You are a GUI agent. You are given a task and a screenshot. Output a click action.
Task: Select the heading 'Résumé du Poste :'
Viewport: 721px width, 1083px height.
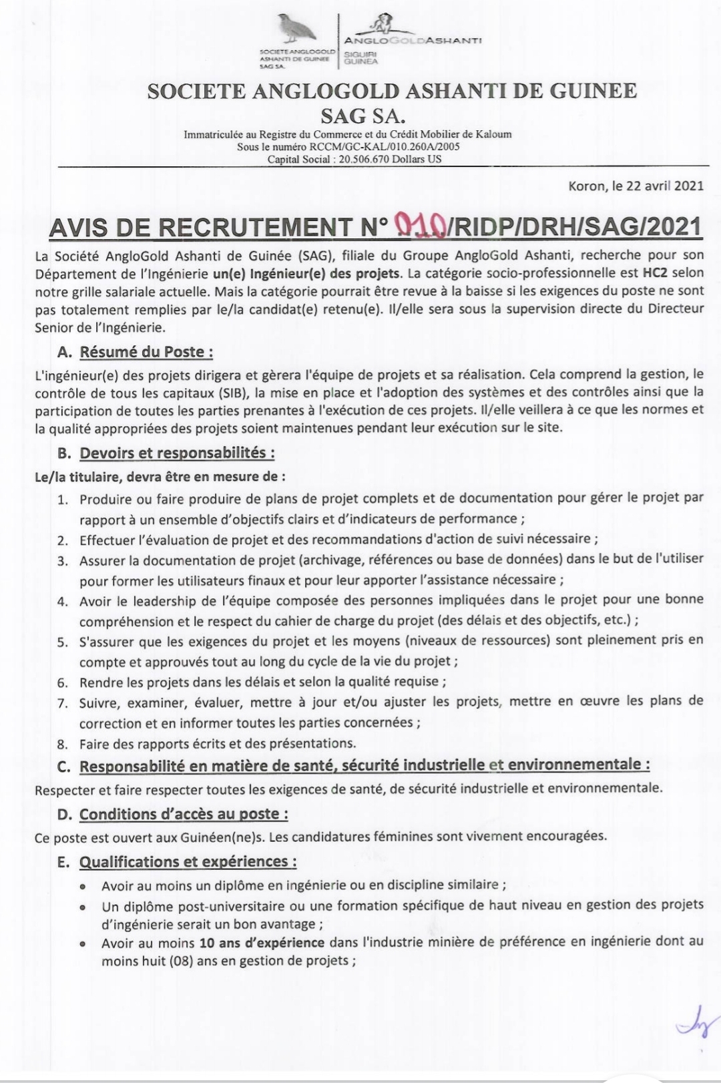pos(146,352)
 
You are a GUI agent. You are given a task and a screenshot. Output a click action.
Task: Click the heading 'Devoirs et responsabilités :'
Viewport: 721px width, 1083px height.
pos(177,453)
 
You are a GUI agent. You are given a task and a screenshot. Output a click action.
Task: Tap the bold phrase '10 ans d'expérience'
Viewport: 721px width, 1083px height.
pos(262,943)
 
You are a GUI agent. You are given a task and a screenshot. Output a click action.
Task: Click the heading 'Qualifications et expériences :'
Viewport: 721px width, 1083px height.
pos(188,861)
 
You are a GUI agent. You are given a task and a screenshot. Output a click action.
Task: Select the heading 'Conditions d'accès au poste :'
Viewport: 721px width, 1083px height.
pos(184,814)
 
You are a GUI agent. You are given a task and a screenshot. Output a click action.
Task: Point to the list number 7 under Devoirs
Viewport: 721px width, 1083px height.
pos(63,702)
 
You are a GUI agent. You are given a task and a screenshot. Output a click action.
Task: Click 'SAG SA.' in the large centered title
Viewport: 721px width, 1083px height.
pos(363,116)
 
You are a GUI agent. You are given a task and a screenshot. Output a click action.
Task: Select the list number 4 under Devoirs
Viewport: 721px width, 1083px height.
pos(63,601)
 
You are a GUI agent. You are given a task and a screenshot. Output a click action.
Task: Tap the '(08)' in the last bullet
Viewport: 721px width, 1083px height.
pos(182,961)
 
